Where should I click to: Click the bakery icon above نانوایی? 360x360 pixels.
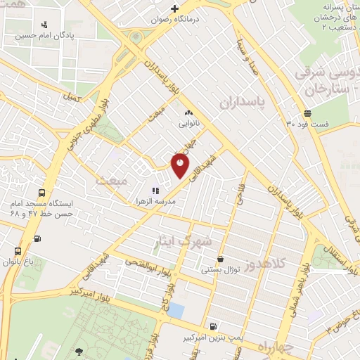point(188,112)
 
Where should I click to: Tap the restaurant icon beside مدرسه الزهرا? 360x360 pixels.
point(155,190)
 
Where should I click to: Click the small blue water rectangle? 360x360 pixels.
point(176,309)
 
